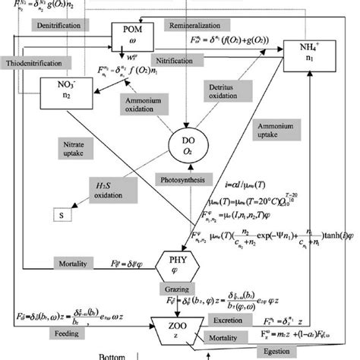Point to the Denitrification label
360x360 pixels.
pyautogui.click(x=58, y=25)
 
